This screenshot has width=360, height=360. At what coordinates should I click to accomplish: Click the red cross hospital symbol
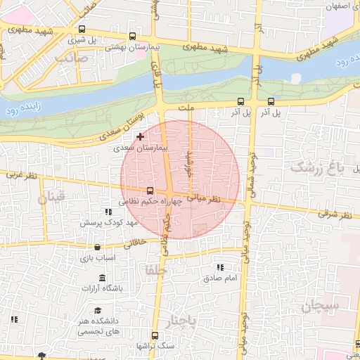[x=140, y=136]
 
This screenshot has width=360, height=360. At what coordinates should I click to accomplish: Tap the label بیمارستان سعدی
[x=141, y=148]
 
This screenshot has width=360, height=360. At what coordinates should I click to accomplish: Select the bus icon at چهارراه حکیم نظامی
[x=149, y=191]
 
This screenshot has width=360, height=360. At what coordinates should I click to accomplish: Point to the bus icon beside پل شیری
[x=83, y=30]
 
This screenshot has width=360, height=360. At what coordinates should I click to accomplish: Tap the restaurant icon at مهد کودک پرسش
[x=108, y=212]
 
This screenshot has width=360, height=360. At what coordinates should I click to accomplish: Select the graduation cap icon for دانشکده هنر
[x=98, y=311]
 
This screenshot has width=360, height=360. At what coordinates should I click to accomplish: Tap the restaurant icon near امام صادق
[x=220, y=267]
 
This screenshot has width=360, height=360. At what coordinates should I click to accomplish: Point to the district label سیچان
[x=321, y=306]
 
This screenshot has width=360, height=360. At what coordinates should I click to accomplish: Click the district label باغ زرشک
[x=319, y=167]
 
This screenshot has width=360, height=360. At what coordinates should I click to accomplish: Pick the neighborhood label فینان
[x=51, y=198]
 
